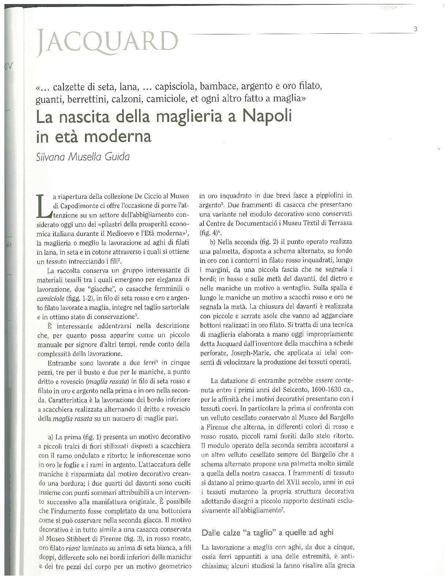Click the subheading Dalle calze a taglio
pos(267,532)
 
